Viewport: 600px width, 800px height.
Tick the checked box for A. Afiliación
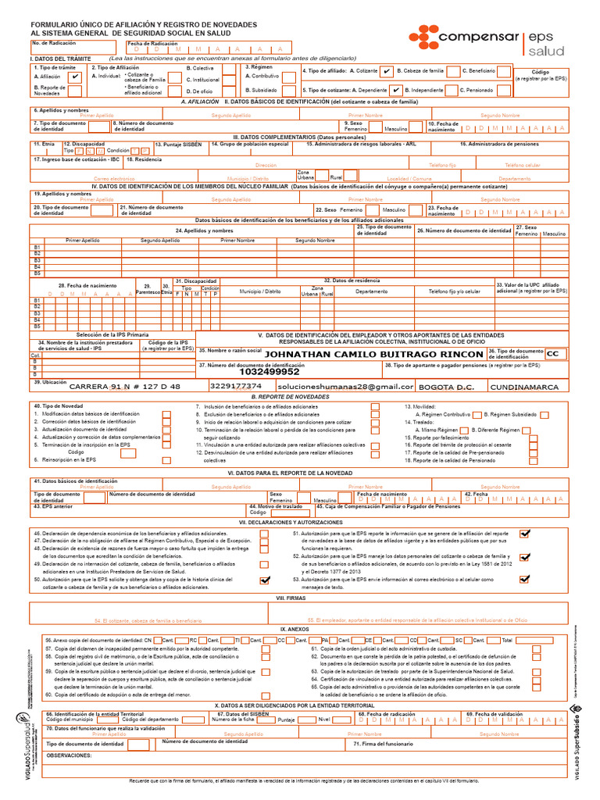tap(74, 77)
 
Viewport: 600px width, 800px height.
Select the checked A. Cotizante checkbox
tap(387, 71)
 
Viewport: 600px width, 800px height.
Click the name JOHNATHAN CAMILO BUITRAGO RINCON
tap(374, 354)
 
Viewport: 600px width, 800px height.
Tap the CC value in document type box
tap(555, 354)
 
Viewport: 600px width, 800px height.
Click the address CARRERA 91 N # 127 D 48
tap(124, 387)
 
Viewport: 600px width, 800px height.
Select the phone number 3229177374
tap(236, 387)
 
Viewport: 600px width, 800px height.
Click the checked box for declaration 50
tap(265, 580)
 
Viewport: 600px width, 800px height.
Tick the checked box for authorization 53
tap(524, 579)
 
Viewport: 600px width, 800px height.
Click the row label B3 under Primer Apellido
tap(36, 260)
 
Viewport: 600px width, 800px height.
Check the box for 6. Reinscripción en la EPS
tap(166, 460)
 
